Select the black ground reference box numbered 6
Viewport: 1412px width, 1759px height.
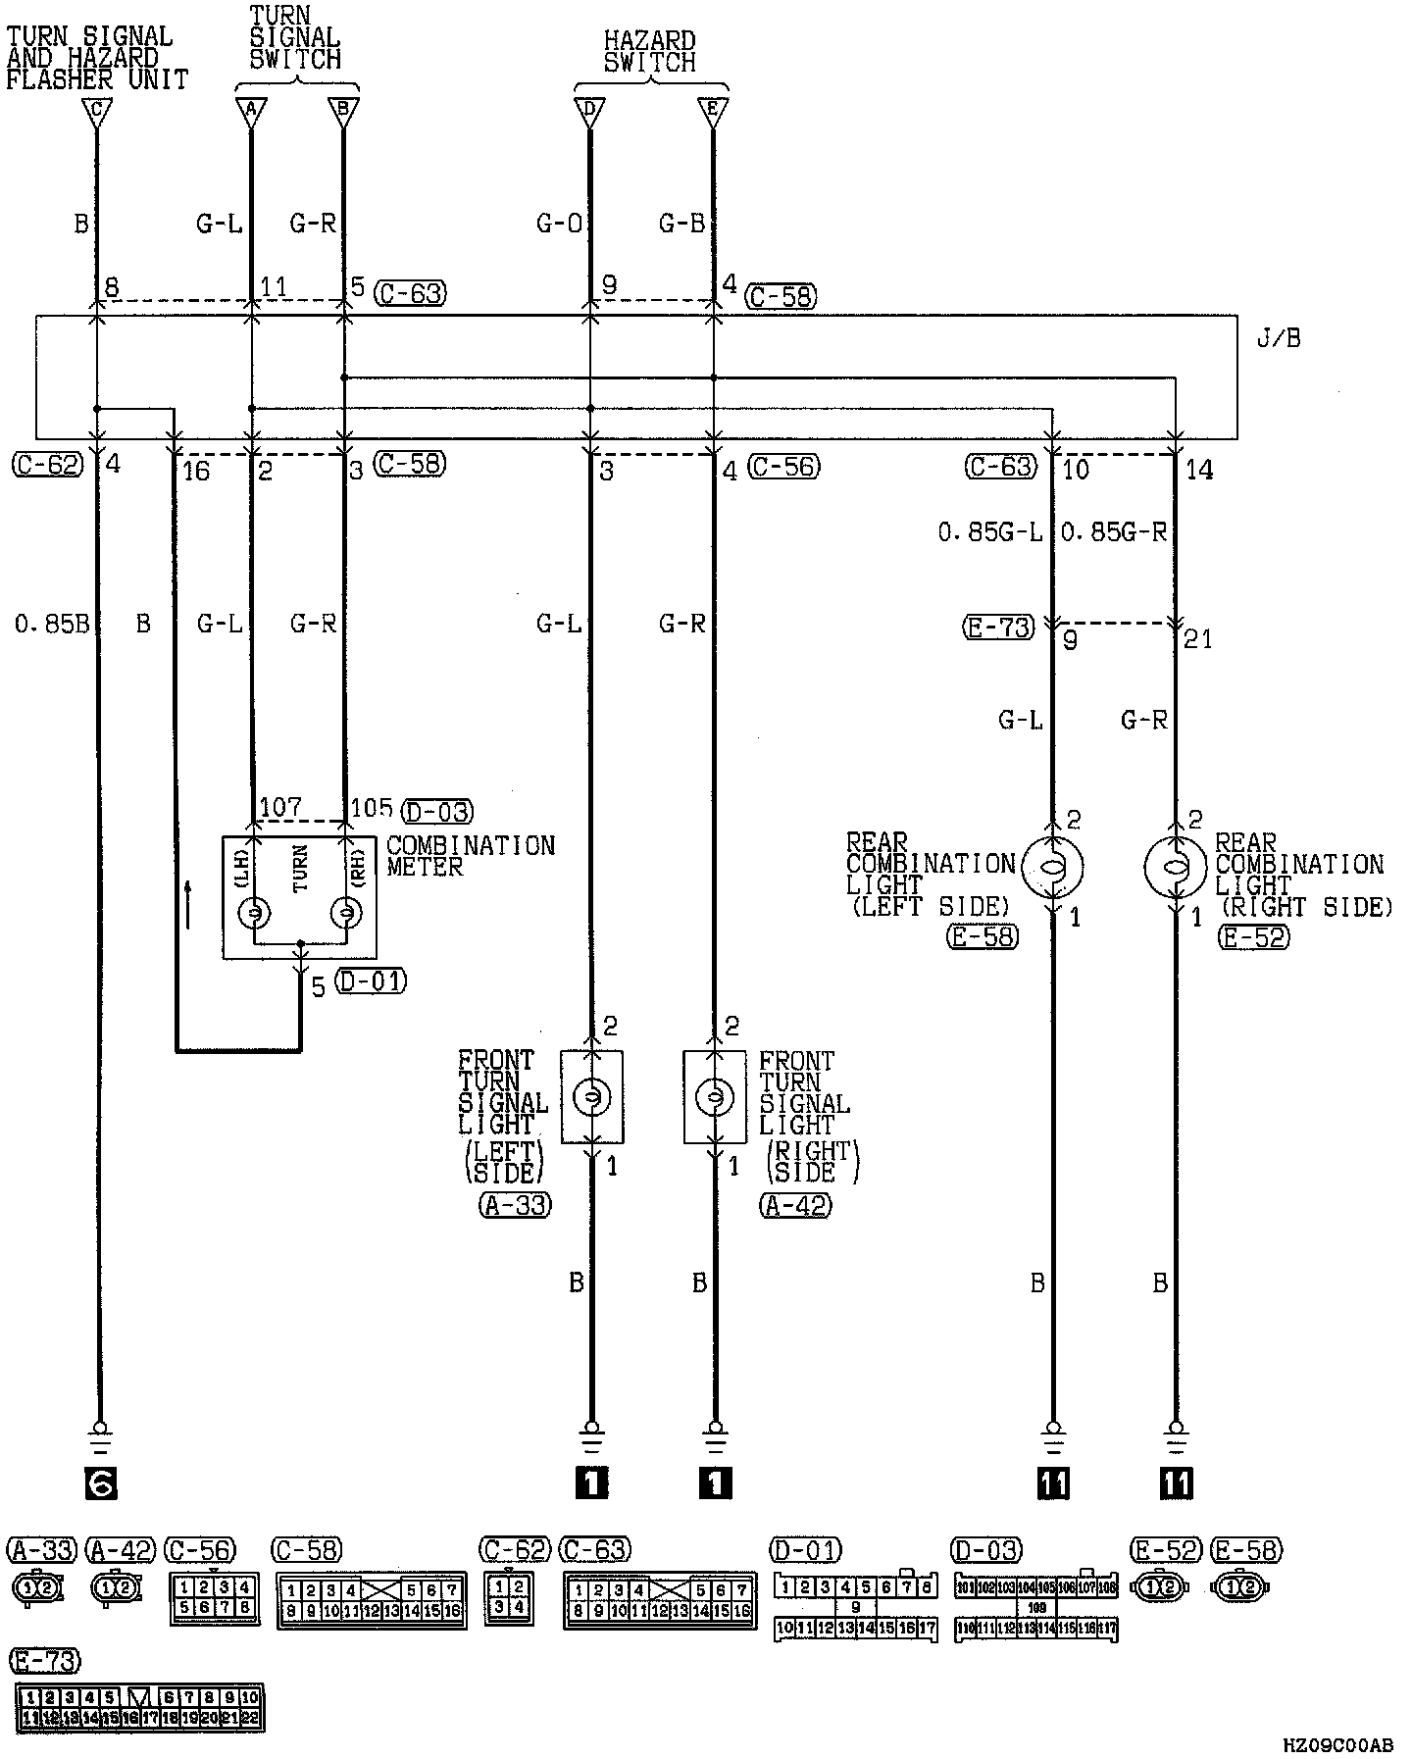click(100, 1484)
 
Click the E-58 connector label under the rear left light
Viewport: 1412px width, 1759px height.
click(983, 937)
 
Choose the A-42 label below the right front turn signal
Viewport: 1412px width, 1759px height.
click(795, 1205)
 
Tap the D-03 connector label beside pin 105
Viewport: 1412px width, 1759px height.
click(438, 812)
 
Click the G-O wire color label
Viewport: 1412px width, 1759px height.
click(559, 225)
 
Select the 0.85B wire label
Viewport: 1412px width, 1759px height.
click(51, 624)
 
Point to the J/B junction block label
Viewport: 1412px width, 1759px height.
click(1278, 339)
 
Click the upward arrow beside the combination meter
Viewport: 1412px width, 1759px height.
click(187, 904)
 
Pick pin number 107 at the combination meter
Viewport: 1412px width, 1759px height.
click(279, 808)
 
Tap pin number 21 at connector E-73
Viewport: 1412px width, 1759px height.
click(1198, 639)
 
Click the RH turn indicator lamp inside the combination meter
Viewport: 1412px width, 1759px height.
click(344, 914)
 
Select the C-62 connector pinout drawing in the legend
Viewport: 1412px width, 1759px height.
click(508, 1599)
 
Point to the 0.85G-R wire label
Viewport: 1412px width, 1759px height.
click(1114, 532)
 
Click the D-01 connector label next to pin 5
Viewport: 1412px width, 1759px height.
click(370, 981)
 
